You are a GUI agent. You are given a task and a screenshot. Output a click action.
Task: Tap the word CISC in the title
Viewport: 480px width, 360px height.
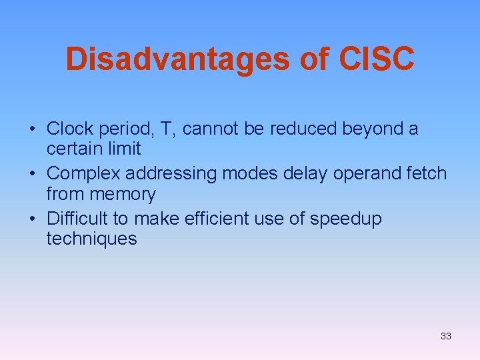click(x=377, y=59)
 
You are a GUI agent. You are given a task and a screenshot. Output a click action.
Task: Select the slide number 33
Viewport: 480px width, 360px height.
click(x=446, y=336)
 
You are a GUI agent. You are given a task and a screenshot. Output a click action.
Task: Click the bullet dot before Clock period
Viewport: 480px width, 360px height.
click(x=33, y=129)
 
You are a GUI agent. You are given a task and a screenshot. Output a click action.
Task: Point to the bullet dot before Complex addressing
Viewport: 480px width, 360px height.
click(x=33, y=174)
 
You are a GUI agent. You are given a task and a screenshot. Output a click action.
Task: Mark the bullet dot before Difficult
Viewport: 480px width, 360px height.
click(x=33, y=219)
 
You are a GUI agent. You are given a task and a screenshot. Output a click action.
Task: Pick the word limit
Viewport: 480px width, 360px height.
click(x=125, y=148)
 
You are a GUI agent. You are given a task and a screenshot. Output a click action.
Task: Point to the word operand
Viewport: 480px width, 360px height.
click(x=367, y=174)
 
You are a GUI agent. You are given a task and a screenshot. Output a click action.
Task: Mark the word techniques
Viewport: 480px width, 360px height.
click(x=91, y=239)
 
